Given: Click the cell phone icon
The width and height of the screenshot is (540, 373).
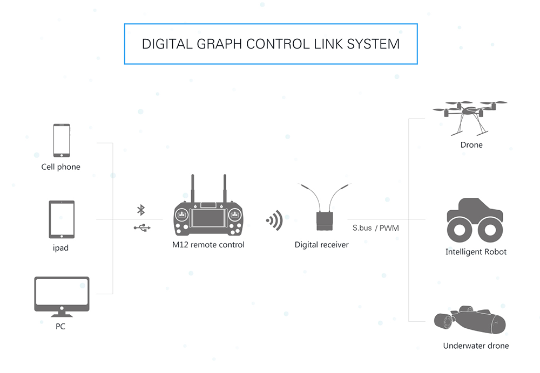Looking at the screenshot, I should (61, 140).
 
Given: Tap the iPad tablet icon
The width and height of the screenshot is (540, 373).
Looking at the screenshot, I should (62, 219).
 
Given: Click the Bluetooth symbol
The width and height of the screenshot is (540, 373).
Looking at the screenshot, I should (141, 210).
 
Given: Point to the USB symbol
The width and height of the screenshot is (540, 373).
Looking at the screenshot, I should (142, 228).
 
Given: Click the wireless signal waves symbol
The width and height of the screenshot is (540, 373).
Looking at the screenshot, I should (274, 220).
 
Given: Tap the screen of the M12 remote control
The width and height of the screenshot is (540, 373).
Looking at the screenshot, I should (208, 218).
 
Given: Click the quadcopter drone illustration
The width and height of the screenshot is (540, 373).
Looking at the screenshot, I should (470, 116).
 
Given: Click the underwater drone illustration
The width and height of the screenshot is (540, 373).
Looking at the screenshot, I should (470, 321).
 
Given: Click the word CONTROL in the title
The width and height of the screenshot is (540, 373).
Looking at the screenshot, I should (279, 44).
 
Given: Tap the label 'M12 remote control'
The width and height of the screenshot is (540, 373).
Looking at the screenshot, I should (208, 245).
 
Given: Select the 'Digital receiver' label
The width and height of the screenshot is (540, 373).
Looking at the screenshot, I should (321, 245).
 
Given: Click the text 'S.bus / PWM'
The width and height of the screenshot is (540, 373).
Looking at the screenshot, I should (376, 228).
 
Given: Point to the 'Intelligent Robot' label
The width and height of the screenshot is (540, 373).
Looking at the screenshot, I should (476, 252).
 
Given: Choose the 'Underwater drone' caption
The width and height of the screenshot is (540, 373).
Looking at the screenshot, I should (476, 346).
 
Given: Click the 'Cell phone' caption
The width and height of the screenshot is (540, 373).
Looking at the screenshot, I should (60, 167).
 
